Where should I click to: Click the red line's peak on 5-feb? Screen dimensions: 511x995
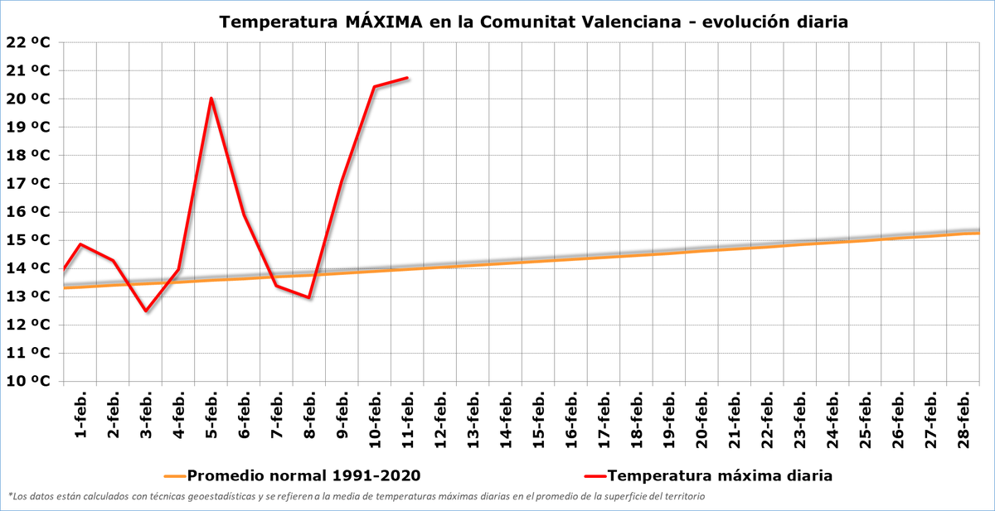tap(211, 98)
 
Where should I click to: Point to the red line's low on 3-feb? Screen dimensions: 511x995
tap(146, 311)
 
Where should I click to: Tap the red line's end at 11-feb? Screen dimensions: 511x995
tap(407, 78)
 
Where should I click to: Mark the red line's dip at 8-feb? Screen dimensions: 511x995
tap(309, 297)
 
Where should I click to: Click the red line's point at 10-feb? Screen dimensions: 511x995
tap(375, 86)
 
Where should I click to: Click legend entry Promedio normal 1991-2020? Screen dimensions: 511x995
tap(303, 476)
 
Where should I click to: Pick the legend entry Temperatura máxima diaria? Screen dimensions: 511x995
tap(720, 476)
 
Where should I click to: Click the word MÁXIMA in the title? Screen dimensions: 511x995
tap(382, 22)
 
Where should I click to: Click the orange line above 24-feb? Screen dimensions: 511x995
tap(832, 241)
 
